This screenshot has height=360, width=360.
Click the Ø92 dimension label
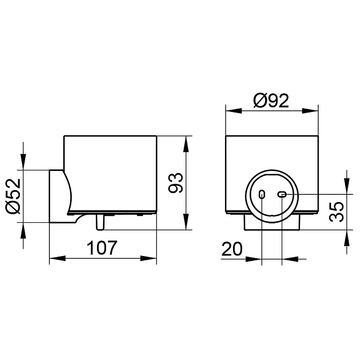271,101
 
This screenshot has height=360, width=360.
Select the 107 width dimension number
102,247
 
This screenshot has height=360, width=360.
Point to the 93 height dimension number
176,183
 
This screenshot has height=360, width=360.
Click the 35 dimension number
336,212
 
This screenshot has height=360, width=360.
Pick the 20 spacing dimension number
232,249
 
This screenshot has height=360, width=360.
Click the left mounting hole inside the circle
262,194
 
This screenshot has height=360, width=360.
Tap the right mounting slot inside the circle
282,194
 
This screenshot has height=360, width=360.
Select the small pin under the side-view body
100,222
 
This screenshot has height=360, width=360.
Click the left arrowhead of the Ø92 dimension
234,111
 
